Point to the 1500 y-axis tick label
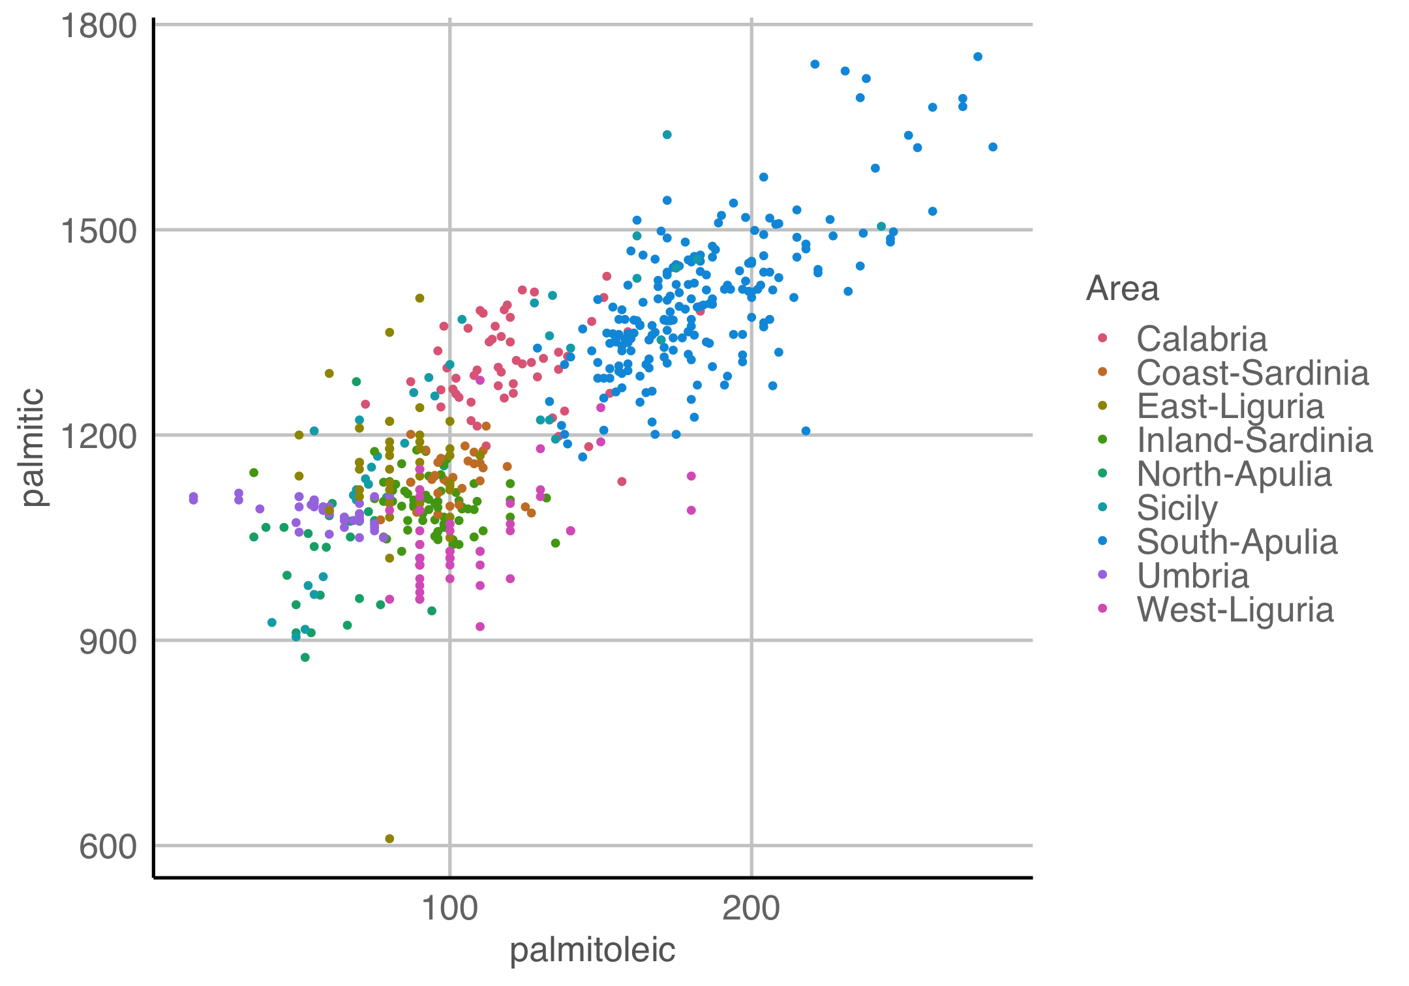click(x=98, y=231)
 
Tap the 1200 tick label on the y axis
click(x=98, y=436)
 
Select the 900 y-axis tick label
click(x=108, y=642)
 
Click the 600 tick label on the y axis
click(x=108, y=847)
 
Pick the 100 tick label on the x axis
click(x=449, y=908)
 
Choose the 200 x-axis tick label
click(x=751, y=908)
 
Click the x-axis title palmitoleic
click(x=592, y=950)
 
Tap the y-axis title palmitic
click(x=33, y=447)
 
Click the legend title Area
click(x=1122, y=288)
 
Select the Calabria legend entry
click(x=1201, y=338)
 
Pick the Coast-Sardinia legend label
click(x=1252, y=372)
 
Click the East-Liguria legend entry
click(x=1230, y=406)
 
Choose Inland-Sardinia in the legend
click(x=1254, y=440)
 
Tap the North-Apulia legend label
click(x=1234, y=474)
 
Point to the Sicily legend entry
click(x=1177, y=508)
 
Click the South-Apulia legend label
click(x=1236, y=542)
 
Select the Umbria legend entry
click(x=1192, y=576)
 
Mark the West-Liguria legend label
click(x=1234, y=610)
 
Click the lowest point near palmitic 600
click(x=389, y=839)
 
